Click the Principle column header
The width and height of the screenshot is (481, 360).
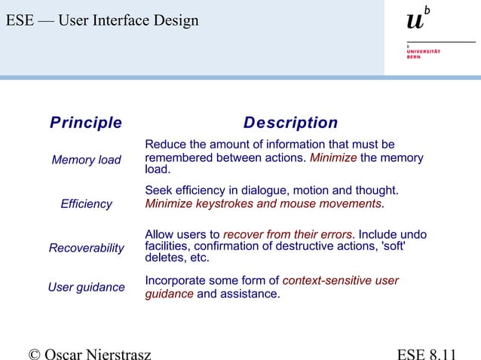[85, 123]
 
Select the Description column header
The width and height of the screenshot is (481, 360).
[290, 123]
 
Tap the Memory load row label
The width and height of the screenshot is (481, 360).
[86, 160]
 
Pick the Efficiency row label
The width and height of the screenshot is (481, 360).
[86, 204]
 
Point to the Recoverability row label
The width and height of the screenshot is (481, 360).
[86, 248]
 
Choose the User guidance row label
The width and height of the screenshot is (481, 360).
[86, 287]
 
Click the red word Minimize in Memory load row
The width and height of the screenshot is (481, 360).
[333, 158]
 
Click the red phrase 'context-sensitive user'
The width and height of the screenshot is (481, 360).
[340, 281]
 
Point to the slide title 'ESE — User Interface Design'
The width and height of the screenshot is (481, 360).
[103, 20]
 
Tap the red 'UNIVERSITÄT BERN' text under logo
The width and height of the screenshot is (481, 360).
[423, 53]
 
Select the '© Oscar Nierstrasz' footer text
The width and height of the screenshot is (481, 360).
[89, 352]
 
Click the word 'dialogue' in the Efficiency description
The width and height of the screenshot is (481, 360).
[268, 190]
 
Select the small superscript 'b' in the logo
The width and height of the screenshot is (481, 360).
[427, 11]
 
